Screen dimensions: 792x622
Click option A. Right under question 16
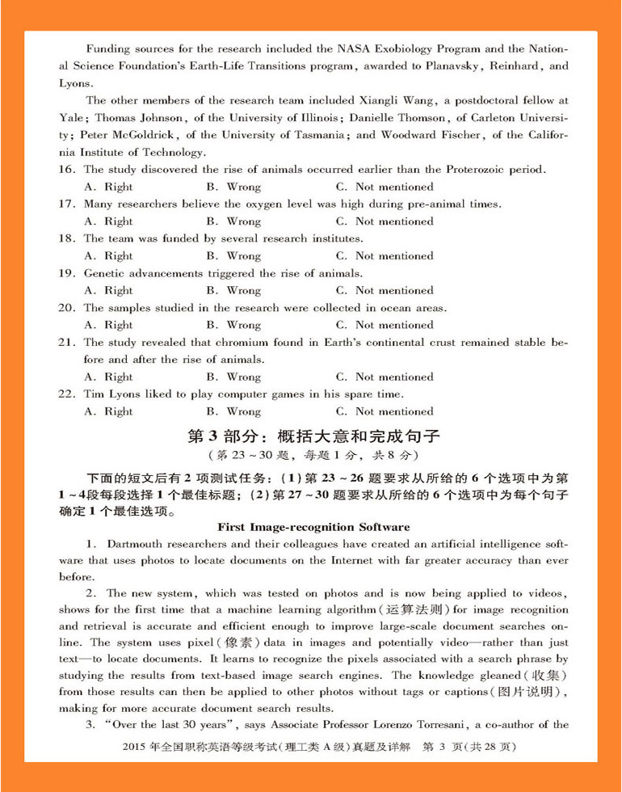(x=108, y=187)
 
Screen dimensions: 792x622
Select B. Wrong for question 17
(x=233, y=221)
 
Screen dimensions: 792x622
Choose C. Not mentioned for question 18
(x=385, y=256)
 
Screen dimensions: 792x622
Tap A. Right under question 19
(x=108, y=291)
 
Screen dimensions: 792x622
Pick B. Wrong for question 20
(x=233, y=325)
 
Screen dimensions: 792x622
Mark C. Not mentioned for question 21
(x=385, y=377)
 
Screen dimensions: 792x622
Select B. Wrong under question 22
(x=233, y=411)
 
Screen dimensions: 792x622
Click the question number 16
(x=67, y=170)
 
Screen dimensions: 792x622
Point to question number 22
(x=67, y=394)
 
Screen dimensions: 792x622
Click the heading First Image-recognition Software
(x=313, y=527)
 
